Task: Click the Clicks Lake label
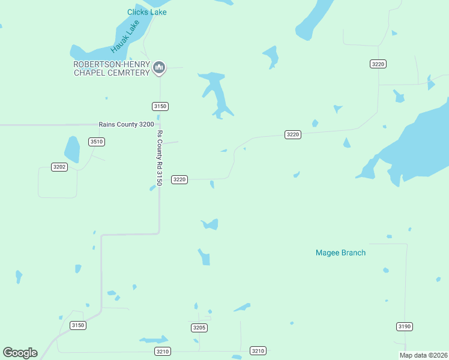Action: (146, 12)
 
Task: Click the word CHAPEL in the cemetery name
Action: (91, 73)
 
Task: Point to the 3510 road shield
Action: (96, 142)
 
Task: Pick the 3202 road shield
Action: (59, 167)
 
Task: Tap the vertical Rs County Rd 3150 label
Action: (160, 158)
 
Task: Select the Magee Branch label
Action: (340, 253)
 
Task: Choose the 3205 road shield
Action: (199, 328)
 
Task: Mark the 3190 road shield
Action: (405, 326)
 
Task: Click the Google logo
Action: (20, 353)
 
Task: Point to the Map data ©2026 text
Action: (423, 355)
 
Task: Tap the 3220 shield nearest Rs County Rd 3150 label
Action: (179, 179)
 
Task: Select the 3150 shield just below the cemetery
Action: (160, 106)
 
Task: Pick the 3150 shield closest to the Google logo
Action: (78, 325)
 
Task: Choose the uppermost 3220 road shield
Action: (378, 64)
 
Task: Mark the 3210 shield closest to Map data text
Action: (258, 350)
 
